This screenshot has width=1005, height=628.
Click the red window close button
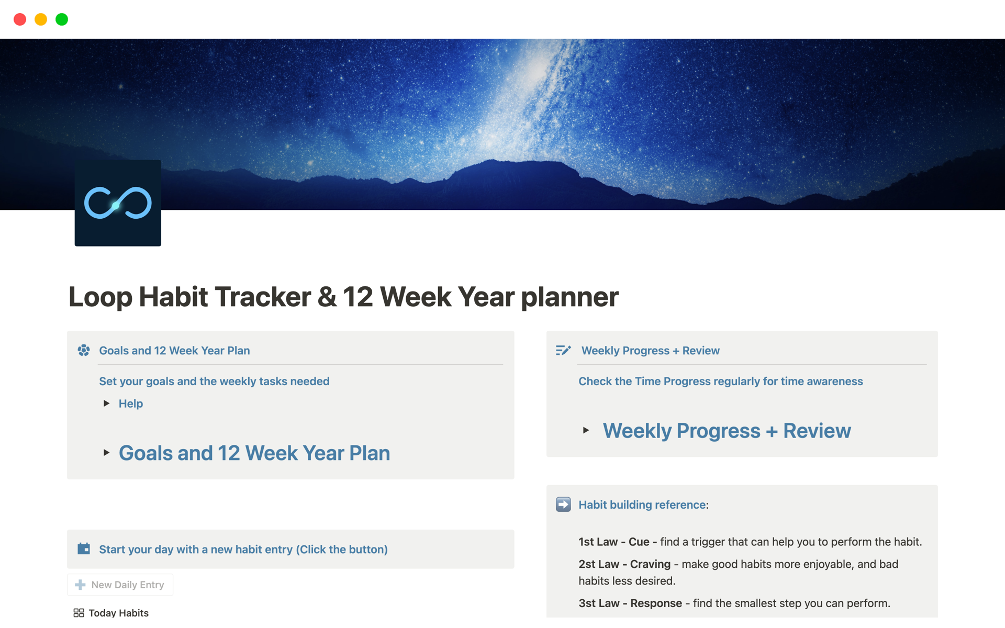pos(20,19)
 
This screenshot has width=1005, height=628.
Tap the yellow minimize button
pos(41,19)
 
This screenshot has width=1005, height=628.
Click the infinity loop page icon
pos(118,203)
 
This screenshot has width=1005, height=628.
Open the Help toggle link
pos(131,403)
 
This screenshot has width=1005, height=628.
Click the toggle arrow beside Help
pos(106,403)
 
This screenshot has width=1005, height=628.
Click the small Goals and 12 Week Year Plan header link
pos(174,351)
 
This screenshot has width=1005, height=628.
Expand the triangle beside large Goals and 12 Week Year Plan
pos(106,453)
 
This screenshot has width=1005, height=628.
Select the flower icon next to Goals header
pos(84,351)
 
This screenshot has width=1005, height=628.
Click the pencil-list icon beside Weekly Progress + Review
pos(563,351)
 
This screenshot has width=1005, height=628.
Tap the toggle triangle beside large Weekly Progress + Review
pos(586,431)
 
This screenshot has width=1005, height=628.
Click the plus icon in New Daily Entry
pos(80,585)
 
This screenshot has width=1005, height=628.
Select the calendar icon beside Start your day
pos(84,548)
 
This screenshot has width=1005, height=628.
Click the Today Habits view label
pos(119,613)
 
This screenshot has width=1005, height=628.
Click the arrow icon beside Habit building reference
pos(563,504)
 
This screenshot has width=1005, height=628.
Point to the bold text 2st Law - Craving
pos(624,564)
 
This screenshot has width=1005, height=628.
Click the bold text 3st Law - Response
pos(630,603)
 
